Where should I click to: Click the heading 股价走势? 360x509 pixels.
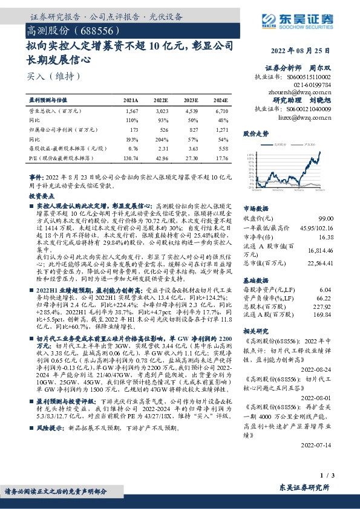pyautogui.click(x=254, y=132)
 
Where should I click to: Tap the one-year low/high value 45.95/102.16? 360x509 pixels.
pyautogui.click(x=313, y=228)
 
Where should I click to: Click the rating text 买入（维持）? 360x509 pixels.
pyautogui.click(x=46, y=76)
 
